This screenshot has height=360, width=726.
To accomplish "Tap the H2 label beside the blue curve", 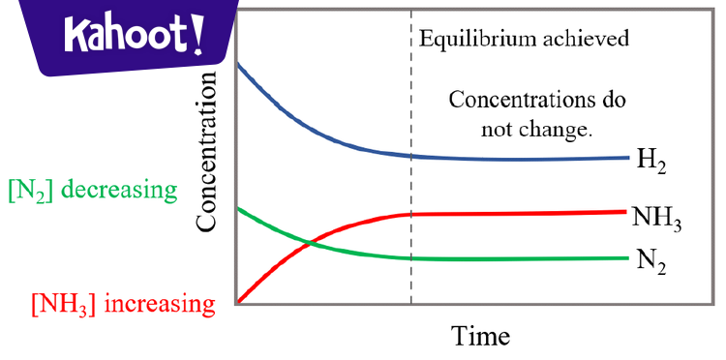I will click(x=650, y=162).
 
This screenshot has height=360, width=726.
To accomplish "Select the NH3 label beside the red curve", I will click(x=657, y=218).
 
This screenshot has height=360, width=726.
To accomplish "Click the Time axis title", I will click(x=480, y=335).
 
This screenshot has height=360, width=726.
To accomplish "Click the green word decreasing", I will click(x=122, y=190).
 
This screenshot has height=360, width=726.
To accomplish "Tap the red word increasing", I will click(x=158, y=305).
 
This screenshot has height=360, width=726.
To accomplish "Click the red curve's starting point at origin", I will click(x=239, y=302).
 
